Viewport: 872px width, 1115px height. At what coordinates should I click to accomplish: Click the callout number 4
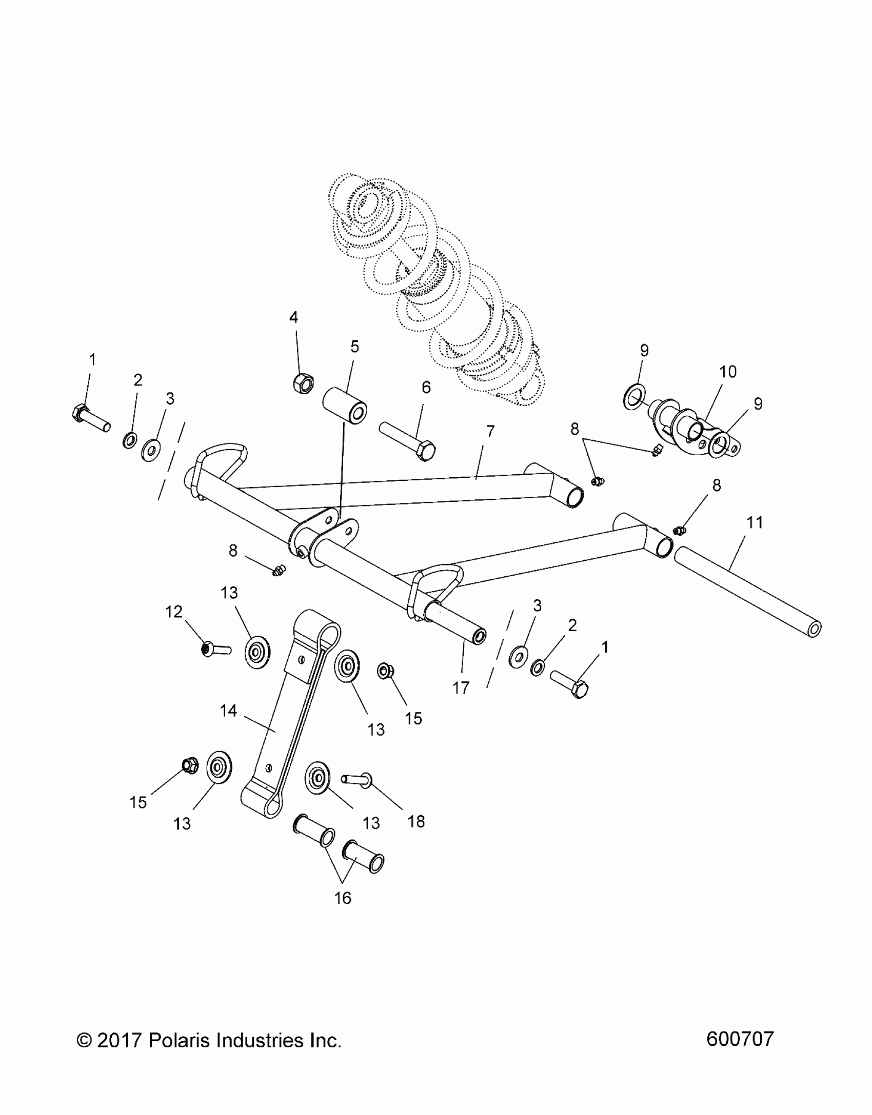[293, 317]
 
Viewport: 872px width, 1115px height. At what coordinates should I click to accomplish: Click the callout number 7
[490, 431]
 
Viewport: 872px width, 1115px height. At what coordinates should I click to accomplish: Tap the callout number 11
[754, 522]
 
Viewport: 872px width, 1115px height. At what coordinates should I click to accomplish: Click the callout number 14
[228, 711]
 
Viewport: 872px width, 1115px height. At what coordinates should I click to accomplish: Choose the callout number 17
[461, 687]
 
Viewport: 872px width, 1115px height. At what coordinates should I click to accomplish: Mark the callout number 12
[174, 612]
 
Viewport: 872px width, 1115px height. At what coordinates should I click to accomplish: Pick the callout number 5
[354, 347]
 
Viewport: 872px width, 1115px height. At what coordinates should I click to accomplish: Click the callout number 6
[426, 387]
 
